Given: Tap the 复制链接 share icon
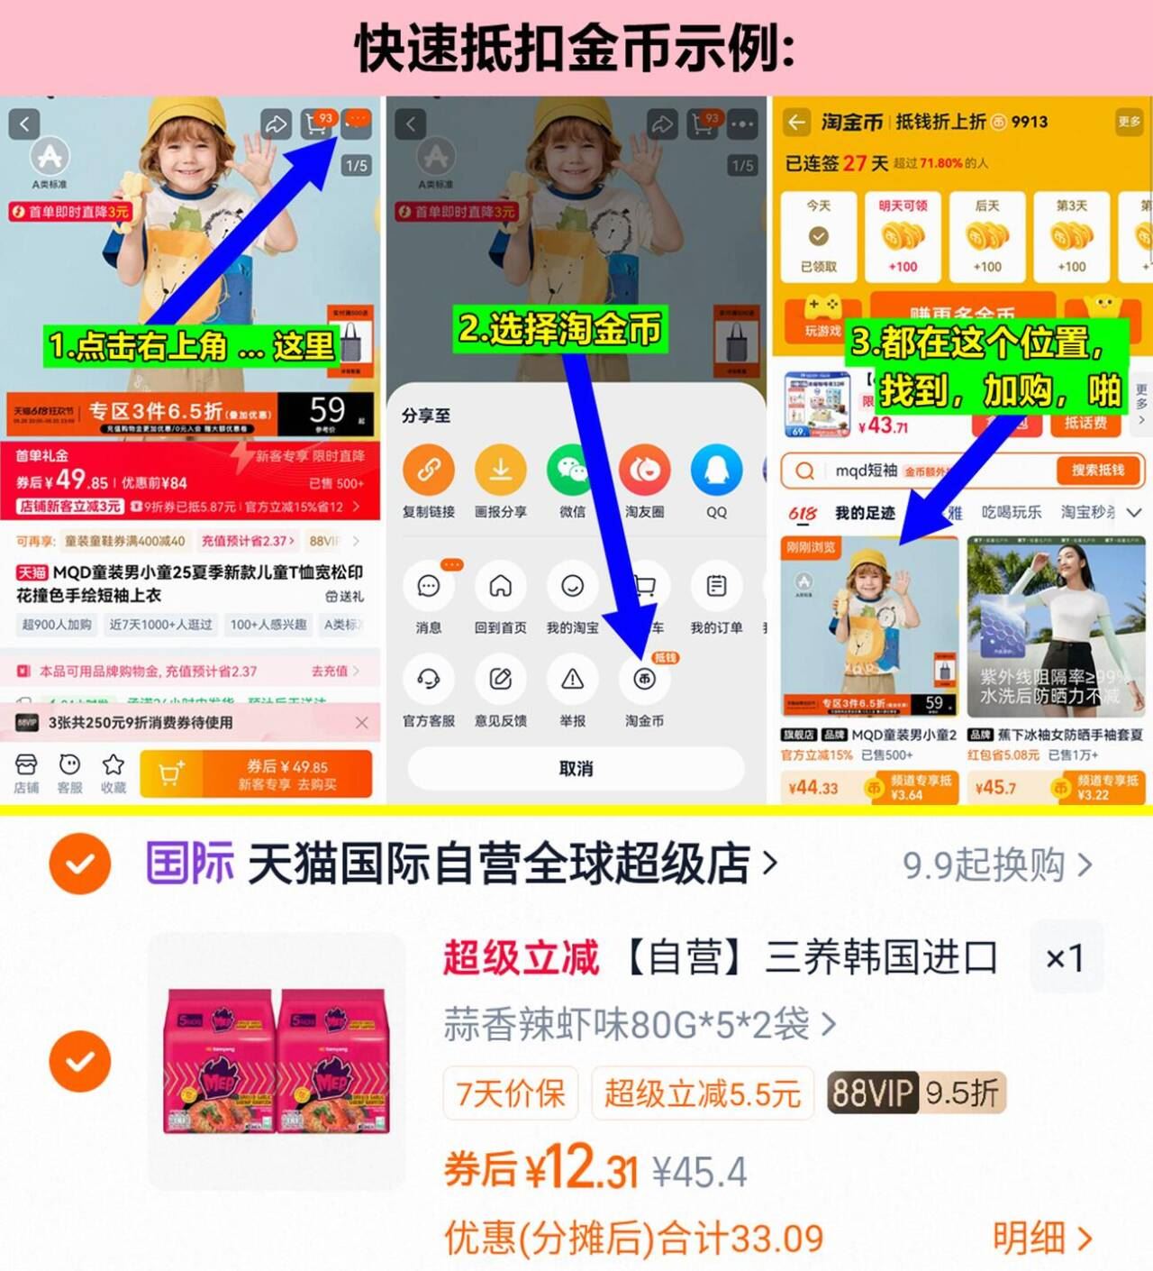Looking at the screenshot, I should pos(428,471).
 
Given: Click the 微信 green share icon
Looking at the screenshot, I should pos(572,471).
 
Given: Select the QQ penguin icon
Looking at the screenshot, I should pos(716,471).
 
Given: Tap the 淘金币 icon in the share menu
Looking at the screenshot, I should pos(644,680).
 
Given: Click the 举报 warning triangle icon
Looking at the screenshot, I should pos(572,680).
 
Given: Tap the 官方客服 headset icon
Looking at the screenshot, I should pos(428,680).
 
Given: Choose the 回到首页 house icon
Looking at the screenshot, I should pos(500,587).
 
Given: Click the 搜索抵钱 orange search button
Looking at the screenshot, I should pos(1097,471).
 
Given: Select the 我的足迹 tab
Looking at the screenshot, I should pos(864,513).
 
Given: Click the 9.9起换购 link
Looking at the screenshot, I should pos(996,865).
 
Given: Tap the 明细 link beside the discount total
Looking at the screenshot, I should pos(1041,1239).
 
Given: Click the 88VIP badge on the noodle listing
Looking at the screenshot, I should pos(872,1093).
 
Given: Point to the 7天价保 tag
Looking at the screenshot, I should pos(511,1093).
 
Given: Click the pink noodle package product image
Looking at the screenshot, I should pos(277,1061).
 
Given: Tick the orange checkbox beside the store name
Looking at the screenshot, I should pos(80,864).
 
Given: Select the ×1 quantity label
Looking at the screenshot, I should pos(1065,957).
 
